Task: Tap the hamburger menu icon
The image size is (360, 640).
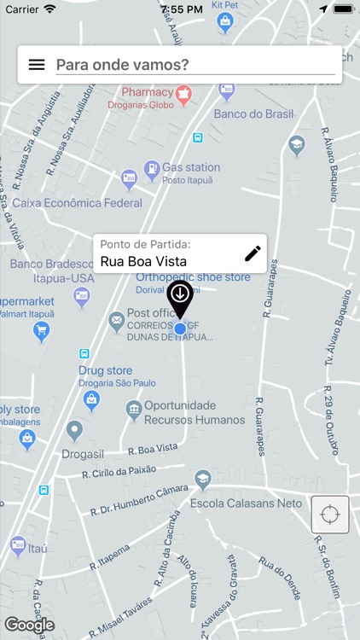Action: [37, 64]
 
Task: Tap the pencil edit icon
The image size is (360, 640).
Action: [253, 253]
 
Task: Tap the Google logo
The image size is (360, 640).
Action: [29, 625]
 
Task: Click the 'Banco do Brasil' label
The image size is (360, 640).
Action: [253, 114]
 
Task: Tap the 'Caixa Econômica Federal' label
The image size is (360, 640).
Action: [77, 203]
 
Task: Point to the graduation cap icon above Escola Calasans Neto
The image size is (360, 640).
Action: [202, 480]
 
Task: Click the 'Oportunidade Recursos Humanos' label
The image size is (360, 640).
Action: [194, 413]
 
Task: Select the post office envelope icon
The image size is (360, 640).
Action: [116, 322]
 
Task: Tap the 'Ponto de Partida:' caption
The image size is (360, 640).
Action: [146, 244]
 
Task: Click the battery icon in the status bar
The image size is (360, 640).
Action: [343, 9]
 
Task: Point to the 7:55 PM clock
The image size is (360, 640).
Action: [180, 9]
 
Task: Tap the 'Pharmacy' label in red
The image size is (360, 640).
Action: [147, 92]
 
